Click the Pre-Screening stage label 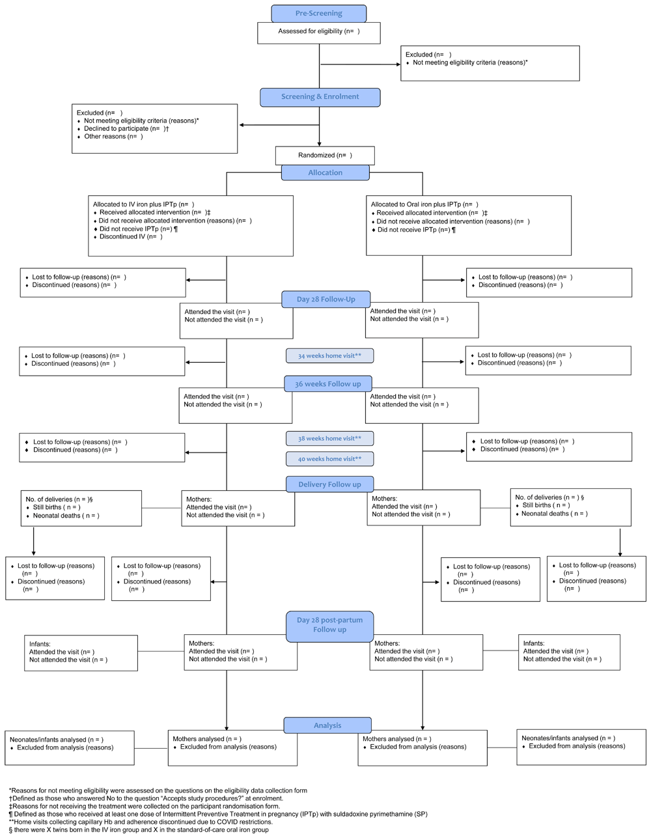pos(319,14)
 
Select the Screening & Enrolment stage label pos(320,97)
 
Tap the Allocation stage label pos(325,173)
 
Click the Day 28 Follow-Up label pos(326,300)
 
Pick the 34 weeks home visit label pos(329,356)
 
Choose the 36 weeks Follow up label pos(328,384)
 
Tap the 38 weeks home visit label pos(329,438)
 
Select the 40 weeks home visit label pos(329,459)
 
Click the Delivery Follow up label pos(329,484)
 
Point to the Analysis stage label pos(327,725)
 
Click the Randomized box pos(325,156)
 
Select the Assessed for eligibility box pos(319,33)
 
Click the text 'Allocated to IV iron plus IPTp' pos(135,204)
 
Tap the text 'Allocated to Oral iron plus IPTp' pos(416,204)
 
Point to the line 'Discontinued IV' pos(128,237)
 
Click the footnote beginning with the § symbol pos(139,830)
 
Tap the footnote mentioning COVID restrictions pos(141,822)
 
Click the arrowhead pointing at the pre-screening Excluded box pos(398,64)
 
